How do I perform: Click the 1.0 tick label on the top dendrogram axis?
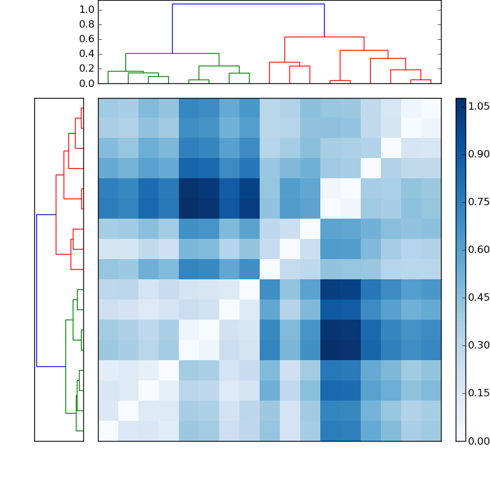(88, 10)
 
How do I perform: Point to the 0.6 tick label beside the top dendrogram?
(88, 39)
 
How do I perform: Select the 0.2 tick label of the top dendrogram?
(88, 69)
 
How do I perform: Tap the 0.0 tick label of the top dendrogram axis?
(88, 83)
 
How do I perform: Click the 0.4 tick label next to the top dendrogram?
(88, 54)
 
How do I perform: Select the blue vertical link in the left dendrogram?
(37, 290)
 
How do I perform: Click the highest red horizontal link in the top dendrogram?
(324, 37)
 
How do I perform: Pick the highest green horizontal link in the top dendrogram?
(172, 53)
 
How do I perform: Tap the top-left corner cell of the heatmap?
(108, 108)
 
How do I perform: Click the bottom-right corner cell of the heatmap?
(431, 431)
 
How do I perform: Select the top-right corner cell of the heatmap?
(431, 108)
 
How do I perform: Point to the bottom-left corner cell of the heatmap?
(108, 431)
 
